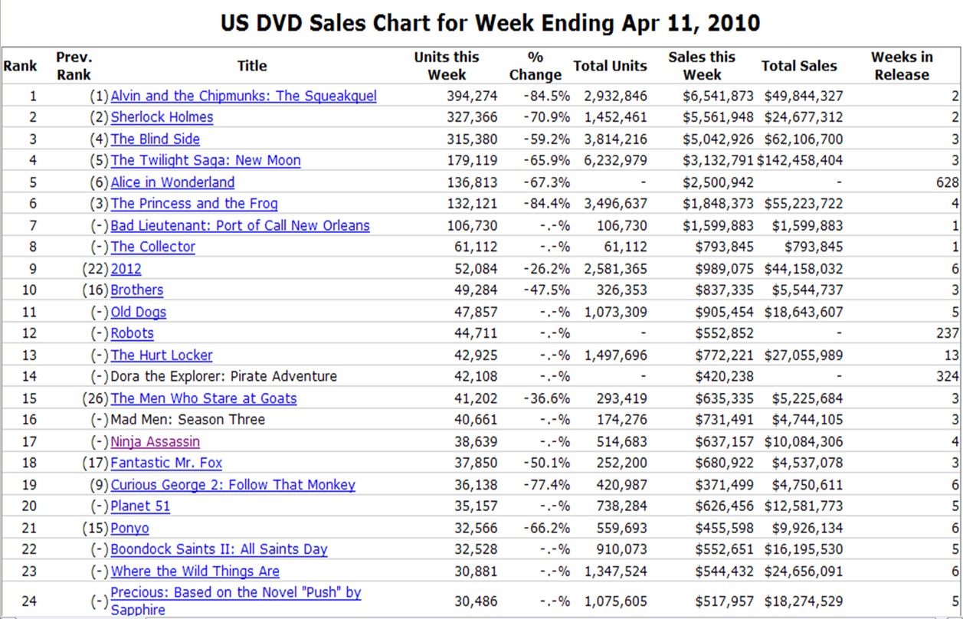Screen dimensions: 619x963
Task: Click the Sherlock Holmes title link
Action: tap(162, 117)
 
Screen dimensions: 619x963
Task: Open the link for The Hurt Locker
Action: tap(162, 355)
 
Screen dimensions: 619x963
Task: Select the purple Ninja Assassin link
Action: tap(156, 442)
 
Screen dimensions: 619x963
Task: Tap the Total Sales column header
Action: tap(799, 66)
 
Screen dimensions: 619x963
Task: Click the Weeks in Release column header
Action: tap(902, 66)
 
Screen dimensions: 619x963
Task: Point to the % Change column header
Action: tap(535, 66)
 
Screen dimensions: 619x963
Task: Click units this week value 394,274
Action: tap(472, 96)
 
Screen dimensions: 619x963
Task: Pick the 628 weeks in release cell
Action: tap(947, 182)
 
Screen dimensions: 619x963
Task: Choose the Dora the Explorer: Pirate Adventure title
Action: tap(224, 377)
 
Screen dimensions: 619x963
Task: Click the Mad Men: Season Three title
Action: tap(188, 420)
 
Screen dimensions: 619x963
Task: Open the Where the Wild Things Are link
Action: tap(195, 572)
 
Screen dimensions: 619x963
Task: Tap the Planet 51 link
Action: tap(140, 506)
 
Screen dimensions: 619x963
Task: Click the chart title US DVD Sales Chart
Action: tap(490, 23)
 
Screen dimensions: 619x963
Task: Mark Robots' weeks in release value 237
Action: tap(947, 334)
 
